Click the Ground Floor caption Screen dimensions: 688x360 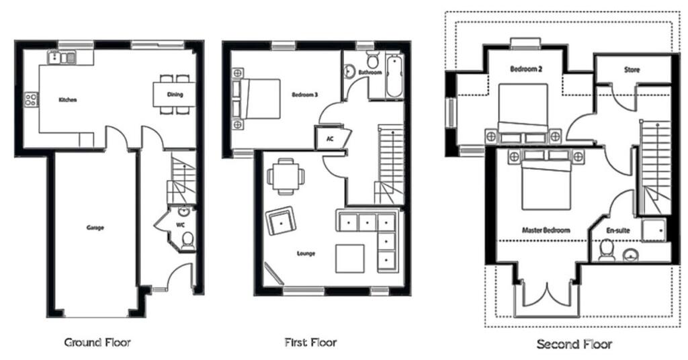pyautogui.click(x=97, y=343)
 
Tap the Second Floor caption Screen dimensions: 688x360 pyautogui.click(x=574, y=344)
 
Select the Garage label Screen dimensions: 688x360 pyautogui.click(x=95, y=228)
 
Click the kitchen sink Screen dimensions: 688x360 pyautogui.click(x=62, y=58)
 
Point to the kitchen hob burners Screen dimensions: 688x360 pyautogui.click(x=31, y=99)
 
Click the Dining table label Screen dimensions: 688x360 pyautogui.click(x=175, y=94)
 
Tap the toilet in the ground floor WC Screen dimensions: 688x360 pyautogui.click(x=188, y=241)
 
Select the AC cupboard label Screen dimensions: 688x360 pyautogui.click(x=330, y=139)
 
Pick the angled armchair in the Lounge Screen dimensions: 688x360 pyautogui.click(x=280, y=220)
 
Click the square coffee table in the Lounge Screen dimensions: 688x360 pyautogui.click(x=349, y=259)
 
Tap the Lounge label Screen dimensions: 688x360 pyautogui.click(x=306, y=253)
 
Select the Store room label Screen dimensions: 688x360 pyautogui.click(x=632, y=70)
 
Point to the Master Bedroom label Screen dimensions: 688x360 pyautogui.click(x=546, y=230)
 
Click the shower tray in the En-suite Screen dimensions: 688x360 pyautogui.click(x=654, y=230)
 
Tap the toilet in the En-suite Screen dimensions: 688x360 pyautogui.click(x=607, y=251)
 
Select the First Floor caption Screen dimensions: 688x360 pyautogui.click(x=310, y=342)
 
